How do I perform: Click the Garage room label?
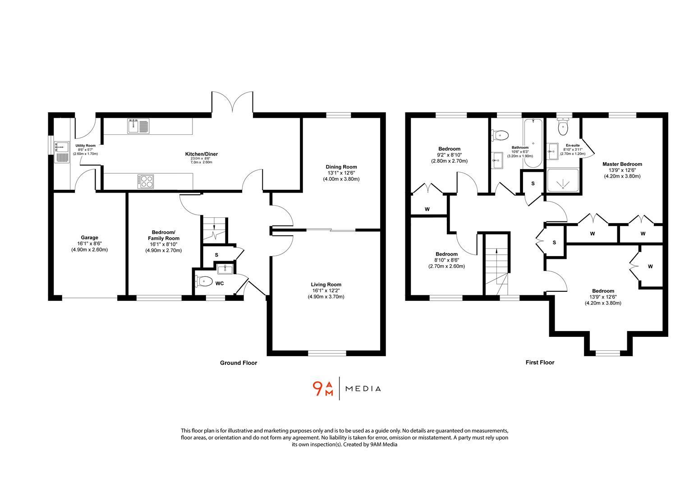click(89, 238)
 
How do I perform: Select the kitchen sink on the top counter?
click(138, 126)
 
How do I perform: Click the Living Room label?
click(326, 285)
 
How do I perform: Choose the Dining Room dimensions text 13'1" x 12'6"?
click(341, 173)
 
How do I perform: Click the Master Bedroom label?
click(622, 164)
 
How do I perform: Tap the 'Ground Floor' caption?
click(238, 363)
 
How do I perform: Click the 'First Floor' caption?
click(540, 362)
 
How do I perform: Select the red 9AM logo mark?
click(323, 389)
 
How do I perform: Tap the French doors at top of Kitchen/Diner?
click(233, 103)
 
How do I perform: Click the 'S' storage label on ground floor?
click(216, 255)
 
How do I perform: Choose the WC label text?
click(220, 284)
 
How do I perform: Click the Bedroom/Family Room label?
click(163, 238)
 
